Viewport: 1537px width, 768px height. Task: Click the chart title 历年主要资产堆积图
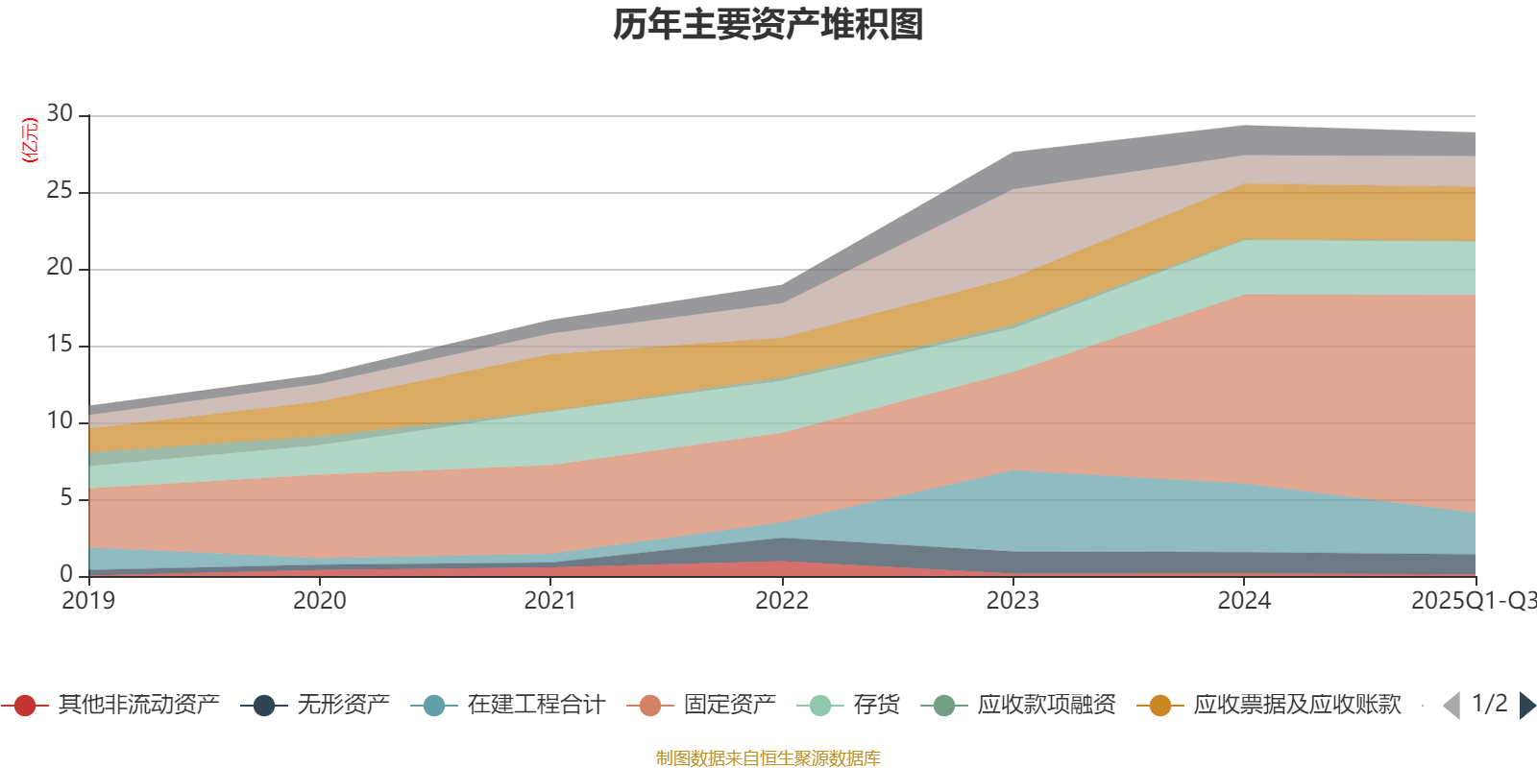tap(768, 25)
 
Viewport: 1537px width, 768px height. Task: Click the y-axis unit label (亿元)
tap(30, 140)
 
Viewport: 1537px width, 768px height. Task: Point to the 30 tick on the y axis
tap(60, 114)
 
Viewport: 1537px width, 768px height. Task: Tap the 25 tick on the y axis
tap(60, 191)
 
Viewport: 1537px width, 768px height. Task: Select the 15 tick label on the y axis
tap(60, 345)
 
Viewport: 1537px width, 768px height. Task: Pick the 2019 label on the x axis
tap(88, 601)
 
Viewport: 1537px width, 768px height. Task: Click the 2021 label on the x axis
tap(550, 601)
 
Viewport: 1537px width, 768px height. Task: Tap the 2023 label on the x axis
tap(1012, 601)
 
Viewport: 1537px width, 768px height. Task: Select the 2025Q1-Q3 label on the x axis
tap(1472, 601)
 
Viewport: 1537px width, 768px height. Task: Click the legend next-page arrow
tap(1526, 706)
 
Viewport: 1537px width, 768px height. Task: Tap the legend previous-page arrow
tap(1452, 706)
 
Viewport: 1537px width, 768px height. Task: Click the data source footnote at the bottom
tap(768, 758)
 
